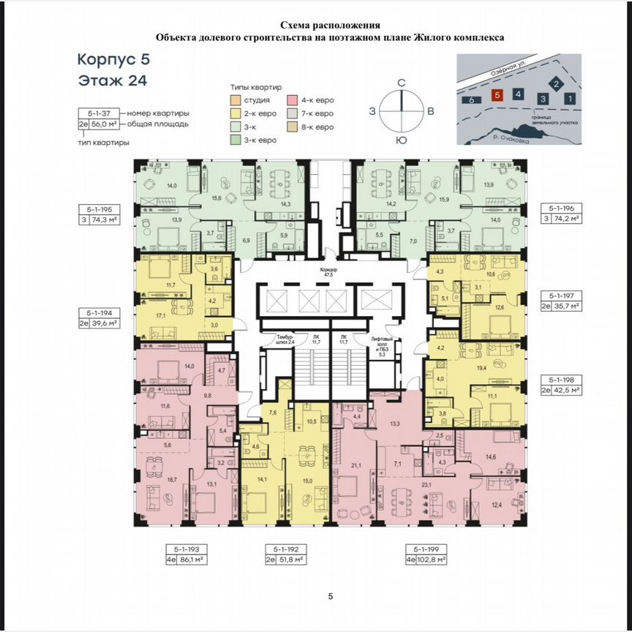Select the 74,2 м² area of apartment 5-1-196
[x=566, y=218]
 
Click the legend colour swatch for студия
[x=234, y=100]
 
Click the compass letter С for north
[x=401, y=83]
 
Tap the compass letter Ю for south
[x=401, y=140]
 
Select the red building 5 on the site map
[x=497, y=95]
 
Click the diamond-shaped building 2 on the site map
[x=556, y=84]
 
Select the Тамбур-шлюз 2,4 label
[x=276, y=338]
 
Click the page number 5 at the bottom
[x=331, y=597]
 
